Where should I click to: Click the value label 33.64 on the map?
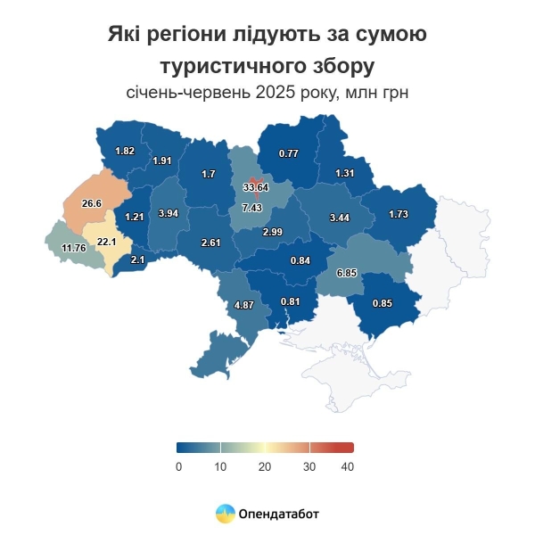coord(256,187)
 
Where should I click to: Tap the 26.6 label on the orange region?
coord(92,203)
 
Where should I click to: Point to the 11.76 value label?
coord(73,247)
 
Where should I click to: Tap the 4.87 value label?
coord(244,305)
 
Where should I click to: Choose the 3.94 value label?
coord(169,214)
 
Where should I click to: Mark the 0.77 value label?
coord(288,153)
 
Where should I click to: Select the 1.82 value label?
coord(125,151)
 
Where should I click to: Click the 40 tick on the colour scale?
coord(349,466)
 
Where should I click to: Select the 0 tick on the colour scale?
coord(179,466)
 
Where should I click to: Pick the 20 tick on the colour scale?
coord(264,466)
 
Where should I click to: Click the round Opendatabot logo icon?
coord(226,514)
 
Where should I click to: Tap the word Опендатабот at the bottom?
coord(278,514)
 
